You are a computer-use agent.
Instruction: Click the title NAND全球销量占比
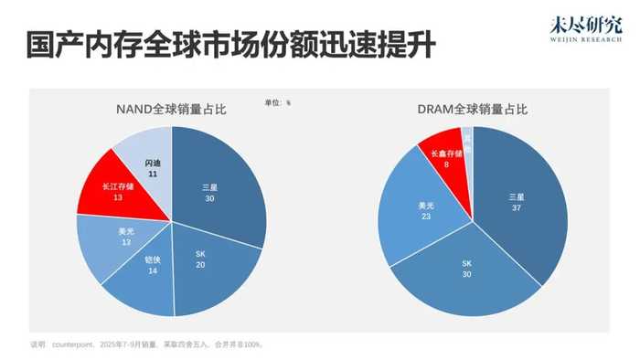tap(171, 110)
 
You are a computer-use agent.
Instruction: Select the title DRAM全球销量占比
tap(474, 110)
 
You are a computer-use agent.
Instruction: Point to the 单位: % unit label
tap(277, 102)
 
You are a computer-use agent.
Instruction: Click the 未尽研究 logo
tap(587, 30)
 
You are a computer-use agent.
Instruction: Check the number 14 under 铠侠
tap(153, 270)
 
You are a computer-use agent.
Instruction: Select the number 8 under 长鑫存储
tap(446, 164)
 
